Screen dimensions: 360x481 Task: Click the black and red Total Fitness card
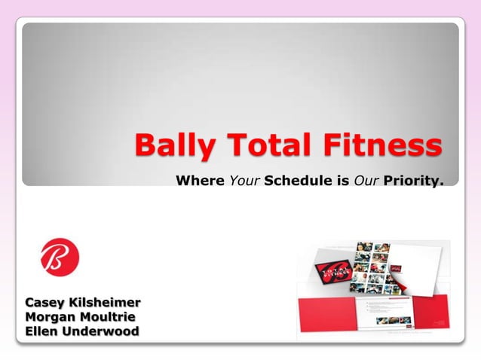(324, 269)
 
